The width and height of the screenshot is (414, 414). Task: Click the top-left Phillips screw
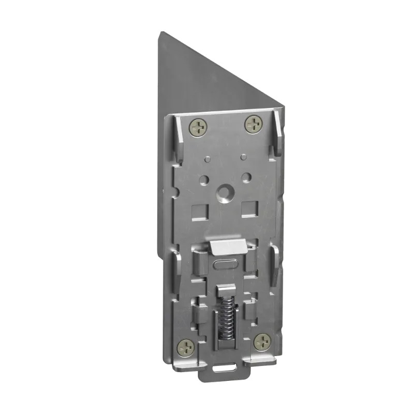pos(198,125)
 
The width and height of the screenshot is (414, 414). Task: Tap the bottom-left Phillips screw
pos(186,346)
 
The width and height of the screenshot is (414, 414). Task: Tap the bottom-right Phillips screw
pos(262,341)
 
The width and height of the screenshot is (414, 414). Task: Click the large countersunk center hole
pos(224,194)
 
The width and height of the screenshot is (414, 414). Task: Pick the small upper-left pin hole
pos(207,158)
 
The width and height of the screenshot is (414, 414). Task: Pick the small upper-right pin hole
pos(242,156)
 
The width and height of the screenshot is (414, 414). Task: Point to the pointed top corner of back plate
pos(160,34)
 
